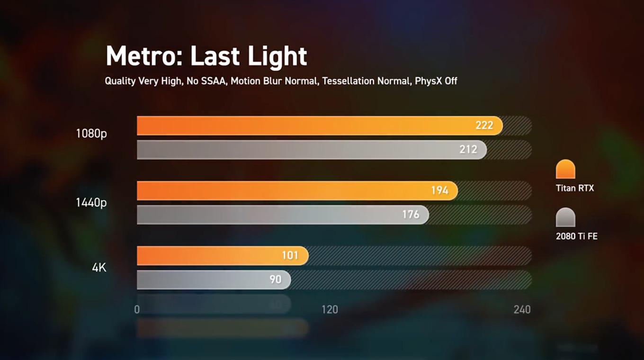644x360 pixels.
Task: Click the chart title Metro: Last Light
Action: pyautogui.click(x=206, y=56)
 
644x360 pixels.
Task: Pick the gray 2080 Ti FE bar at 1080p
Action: pyautogui.click(x=294, y=150)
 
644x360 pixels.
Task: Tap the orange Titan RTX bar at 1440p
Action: pyautogui.click(x=284, y=190)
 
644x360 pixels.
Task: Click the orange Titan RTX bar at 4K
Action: pyautogui.click(x=213, y=256)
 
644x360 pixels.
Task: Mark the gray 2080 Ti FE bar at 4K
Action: pyautogui.click(x=204, y=280)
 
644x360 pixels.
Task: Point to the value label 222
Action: pyautogui.click(x=484, y=126)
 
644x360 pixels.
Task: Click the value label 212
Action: pyautogui.click(x=468, y=150)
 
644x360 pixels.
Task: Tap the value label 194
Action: pyautogui.click(x=439, y=190)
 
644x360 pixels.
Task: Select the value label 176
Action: pyautogui.click(x=411, y=215)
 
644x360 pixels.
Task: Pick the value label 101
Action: pyautogui.click(x=290, y=256)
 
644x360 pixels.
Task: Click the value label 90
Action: pyautogui.click(x=276, y=280)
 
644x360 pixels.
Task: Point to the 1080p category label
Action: pyautogui.click(x=91, y=134)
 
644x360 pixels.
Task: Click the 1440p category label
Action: pyautogui.click(x=91, y=203)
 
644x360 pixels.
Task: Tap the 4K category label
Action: pyautogui.click(x=99, y=268)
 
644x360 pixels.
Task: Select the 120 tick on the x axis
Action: pyautogui.click(x=330, y=310)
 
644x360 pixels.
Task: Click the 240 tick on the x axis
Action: pyautogui.click(x=522, y=310)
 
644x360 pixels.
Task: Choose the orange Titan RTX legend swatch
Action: pyautogui.click(x=565, y=169)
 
